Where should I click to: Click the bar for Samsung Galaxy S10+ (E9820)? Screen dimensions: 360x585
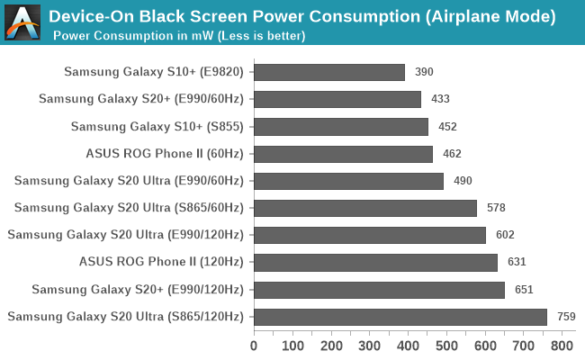point(329,73)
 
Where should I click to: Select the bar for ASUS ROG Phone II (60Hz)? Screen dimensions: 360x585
point(343,154)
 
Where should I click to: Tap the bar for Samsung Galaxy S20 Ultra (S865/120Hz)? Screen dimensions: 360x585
point(400,317)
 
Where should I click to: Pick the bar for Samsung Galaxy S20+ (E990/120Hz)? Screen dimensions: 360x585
point(379,290)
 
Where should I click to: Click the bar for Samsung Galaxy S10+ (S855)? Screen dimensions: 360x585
point(341,127)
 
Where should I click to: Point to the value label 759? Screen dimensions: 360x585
point(566,317)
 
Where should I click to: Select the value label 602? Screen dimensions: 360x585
point(506,236)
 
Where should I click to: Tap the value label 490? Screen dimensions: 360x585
point(463,181)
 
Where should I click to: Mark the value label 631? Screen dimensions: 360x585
point(516,263)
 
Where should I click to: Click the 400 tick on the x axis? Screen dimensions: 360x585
point(409,345)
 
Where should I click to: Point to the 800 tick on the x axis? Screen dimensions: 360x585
point(562,345)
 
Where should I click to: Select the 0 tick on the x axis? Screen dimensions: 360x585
point(254,345)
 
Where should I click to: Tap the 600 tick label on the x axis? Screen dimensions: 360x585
point(486,345)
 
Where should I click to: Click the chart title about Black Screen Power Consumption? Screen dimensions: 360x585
point(301,16)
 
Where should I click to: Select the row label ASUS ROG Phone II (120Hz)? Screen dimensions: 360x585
point(162,263)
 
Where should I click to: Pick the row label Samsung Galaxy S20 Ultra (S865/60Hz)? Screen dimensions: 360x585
point(129,208)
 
